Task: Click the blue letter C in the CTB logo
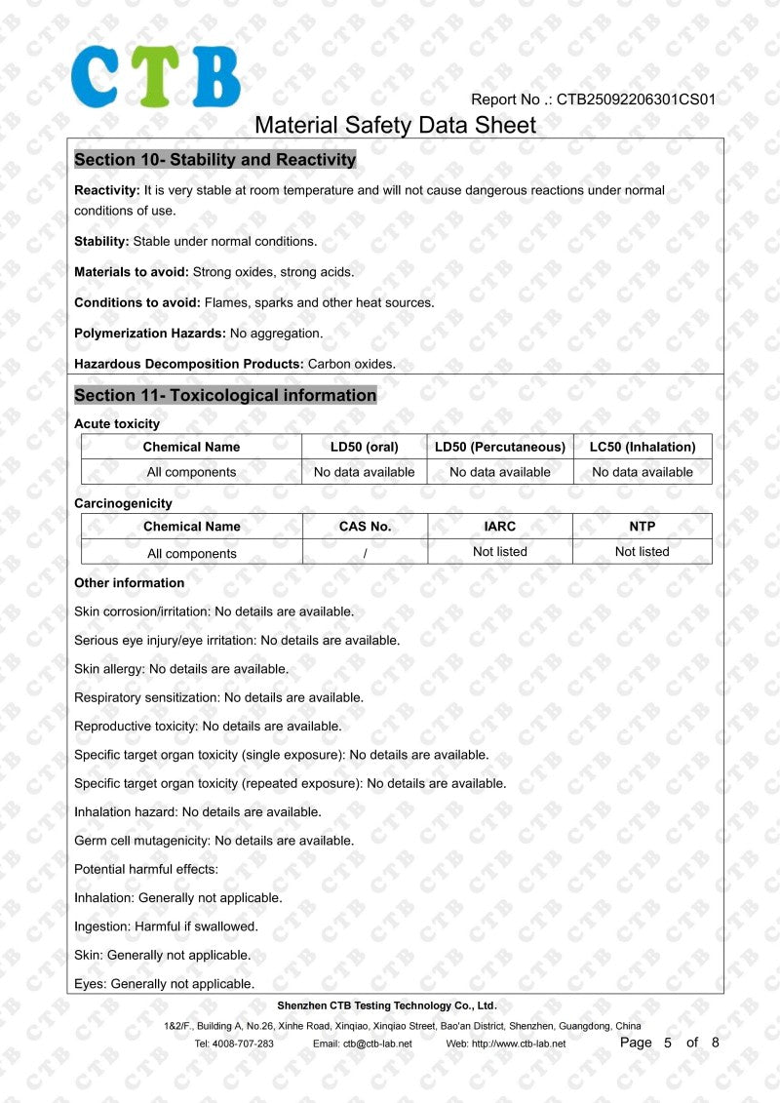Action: click(x=96, y=76)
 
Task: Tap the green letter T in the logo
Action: click(x=155, y=76)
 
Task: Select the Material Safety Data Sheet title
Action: click(x=395, y=125)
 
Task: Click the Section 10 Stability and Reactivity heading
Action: click(x=214, y=160)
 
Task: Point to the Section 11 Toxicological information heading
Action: click(x=225, y=396)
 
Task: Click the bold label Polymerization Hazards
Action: click(x=149, y=334)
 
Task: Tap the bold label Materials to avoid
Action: click(x=132, y=272)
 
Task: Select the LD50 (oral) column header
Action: click(x=364, y=447)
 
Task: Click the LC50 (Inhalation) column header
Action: click(x=643, y=447)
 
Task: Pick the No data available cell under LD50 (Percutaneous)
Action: click(x=500, y=472)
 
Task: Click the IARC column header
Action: click(x=500, y=527)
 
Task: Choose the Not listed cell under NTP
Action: click(x=642, y=552)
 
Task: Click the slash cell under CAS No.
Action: click(x=365, y=554)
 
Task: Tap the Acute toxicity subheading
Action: click(x=117, y=424)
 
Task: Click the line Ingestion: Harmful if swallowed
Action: click(x=166, y=926)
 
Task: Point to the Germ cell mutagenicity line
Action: click(x=214, y=841)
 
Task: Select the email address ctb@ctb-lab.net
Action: click(x=376, y=1044)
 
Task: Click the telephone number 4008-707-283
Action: click(x=247, y=1044)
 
